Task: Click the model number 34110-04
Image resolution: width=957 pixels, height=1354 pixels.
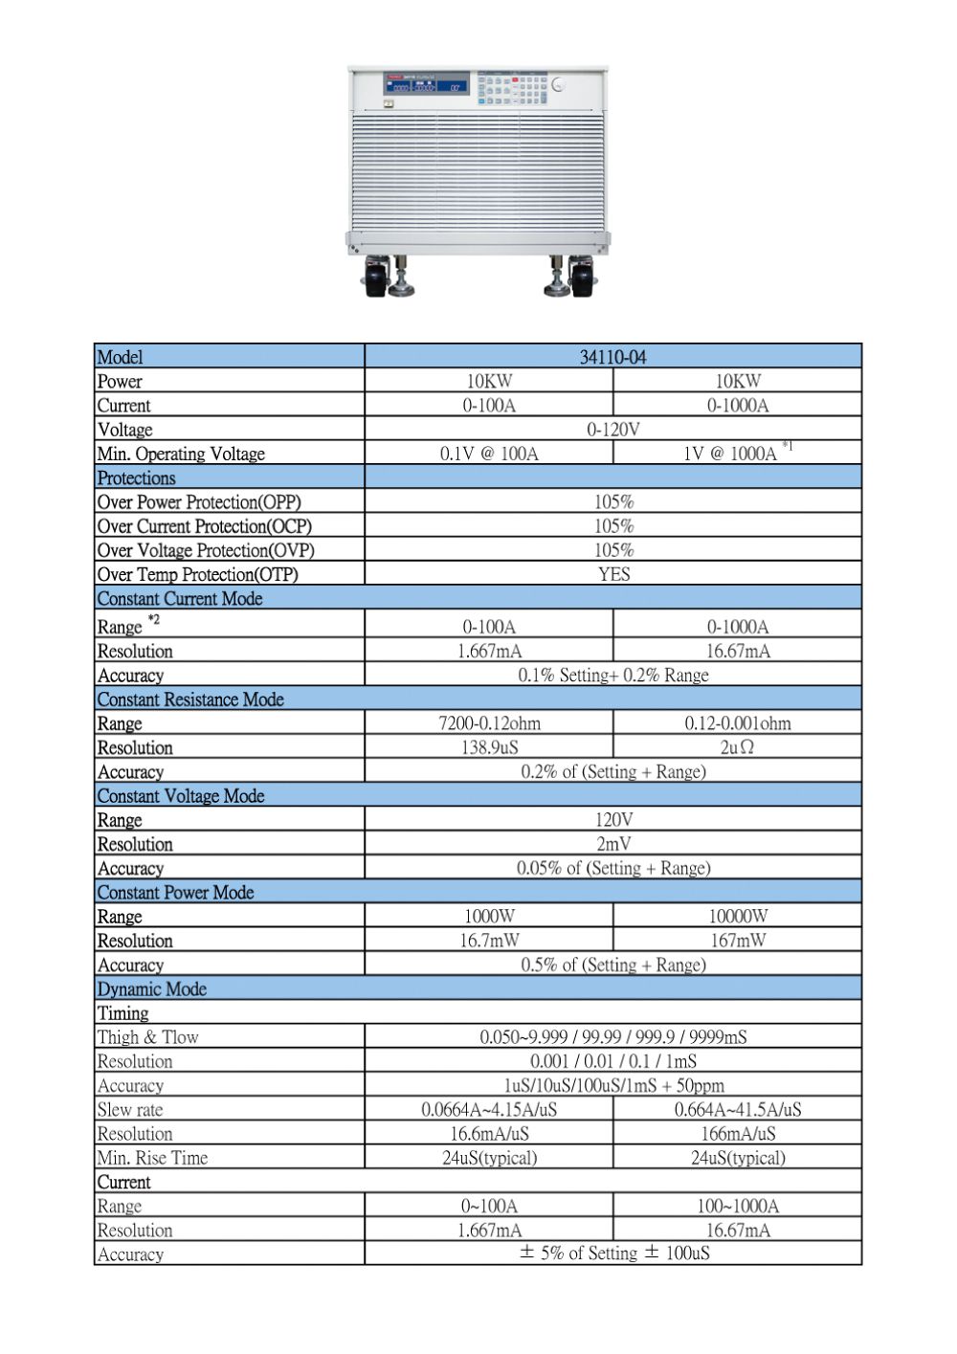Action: (612, 357)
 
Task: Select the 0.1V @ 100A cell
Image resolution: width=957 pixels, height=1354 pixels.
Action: (489, 454)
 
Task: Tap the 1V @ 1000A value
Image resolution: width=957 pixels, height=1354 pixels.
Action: (730, 454)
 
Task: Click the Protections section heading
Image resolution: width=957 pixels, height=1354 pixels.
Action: (137, 477)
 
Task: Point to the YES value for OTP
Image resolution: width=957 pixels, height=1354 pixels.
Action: (613, 574)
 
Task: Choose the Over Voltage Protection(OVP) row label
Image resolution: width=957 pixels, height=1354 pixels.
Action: (206, 550)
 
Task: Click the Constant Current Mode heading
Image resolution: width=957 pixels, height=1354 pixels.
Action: (180, 598)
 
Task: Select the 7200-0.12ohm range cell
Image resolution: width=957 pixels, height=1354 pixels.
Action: (489, 723)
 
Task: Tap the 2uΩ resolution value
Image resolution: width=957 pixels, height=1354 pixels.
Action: (737, 747)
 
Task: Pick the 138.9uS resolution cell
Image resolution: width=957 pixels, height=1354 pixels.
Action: (489, 747)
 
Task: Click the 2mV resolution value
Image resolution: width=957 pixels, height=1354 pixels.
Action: (613, 844)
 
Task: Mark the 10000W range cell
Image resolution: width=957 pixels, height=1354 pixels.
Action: (738, 916)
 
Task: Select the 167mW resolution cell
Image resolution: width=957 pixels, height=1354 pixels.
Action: (738, 941)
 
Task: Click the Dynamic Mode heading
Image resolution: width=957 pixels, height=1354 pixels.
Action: (152, 988)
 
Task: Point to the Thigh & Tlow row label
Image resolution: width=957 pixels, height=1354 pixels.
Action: (148, 1037)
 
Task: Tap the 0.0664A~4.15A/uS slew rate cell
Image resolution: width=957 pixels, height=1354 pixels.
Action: (489, 1110)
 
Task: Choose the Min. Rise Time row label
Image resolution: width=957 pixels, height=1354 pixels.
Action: (153, 1158)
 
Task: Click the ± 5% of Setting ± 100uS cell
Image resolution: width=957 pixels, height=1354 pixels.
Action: (613, 1254)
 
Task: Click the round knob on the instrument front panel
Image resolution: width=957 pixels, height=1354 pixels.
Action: (558, 85)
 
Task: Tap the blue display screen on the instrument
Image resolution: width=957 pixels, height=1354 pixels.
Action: (427, 83)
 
